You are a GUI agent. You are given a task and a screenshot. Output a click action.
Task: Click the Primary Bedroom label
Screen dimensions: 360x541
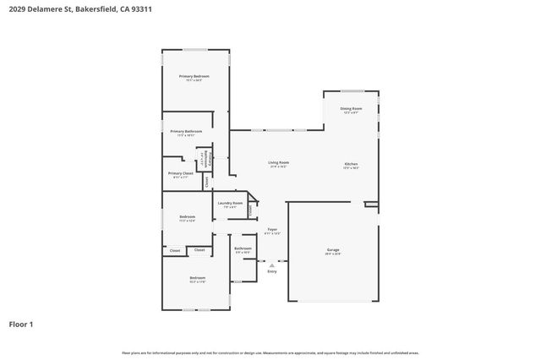coord(194,77)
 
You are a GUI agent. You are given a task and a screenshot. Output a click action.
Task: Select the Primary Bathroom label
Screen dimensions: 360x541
coord(186,132)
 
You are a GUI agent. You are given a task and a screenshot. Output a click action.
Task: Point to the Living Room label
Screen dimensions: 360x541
coord(278,162)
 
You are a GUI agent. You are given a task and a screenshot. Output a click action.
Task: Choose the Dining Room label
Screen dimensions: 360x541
coord(351,108)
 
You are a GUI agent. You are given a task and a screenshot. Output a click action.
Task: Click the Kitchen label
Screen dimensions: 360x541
coord(351,163)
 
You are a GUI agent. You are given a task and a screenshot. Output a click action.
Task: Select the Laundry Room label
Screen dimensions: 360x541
coord(230,203)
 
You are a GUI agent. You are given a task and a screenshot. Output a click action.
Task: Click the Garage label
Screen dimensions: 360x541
coord(333,250)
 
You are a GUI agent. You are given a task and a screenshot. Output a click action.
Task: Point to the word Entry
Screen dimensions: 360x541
coord(272,271)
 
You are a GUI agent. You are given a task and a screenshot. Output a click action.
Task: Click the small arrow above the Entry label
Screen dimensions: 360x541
coord(272,264)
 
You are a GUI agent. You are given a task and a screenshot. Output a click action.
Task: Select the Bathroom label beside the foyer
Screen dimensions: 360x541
coord(243,248)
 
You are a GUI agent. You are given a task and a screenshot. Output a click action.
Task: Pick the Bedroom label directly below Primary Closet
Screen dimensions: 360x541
coord(187,217)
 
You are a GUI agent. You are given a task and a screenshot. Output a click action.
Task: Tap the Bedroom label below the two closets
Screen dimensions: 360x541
coord(197,278)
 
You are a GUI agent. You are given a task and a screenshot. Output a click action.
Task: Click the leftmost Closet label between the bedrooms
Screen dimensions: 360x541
coord(174,250)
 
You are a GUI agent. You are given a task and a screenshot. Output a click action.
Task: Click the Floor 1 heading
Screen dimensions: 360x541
coord(21,324)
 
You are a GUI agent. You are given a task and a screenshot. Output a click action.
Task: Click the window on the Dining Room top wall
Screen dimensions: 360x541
coord(352,90)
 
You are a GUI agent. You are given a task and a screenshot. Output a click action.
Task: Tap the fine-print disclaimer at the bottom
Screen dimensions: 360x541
coord(270,352)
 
